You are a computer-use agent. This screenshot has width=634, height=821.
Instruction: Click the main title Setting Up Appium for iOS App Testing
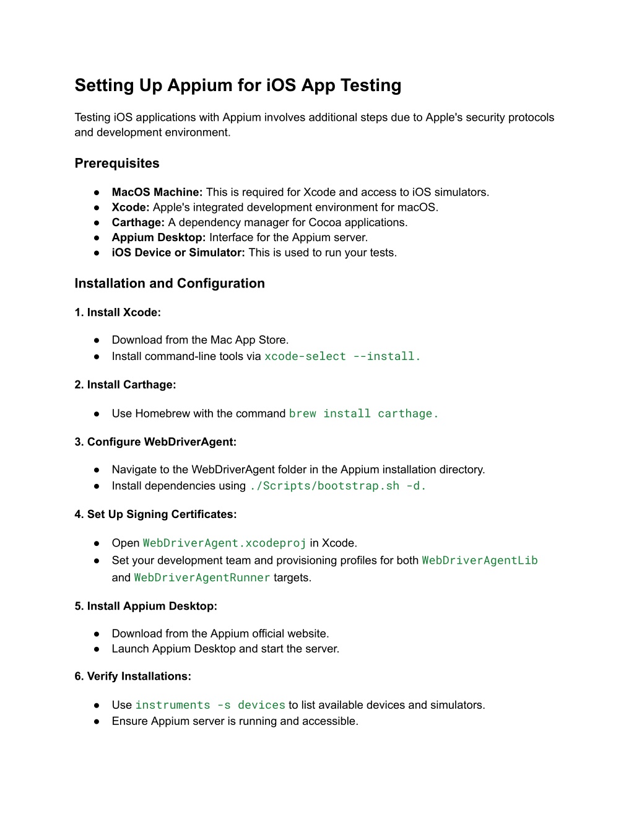point(238,86)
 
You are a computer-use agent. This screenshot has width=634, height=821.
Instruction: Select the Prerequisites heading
point(117,164)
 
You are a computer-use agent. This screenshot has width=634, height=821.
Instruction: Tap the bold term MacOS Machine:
point(157,193)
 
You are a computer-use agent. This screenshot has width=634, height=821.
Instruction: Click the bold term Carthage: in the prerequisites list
point(138,222)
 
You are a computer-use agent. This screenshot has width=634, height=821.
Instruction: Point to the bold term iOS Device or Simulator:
point(178,253)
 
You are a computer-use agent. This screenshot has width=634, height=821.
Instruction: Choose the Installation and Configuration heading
point(170,284)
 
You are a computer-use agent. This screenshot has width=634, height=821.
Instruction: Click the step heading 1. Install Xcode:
point(118,313)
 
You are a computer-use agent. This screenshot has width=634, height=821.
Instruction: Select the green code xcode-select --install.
point(342,356)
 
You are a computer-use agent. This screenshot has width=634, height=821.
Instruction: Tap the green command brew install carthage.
point(363,414)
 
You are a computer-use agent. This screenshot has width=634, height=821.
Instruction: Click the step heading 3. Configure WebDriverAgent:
point(155,442)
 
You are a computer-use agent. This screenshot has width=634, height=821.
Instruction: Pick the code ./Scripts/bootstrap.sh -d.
point(337,486)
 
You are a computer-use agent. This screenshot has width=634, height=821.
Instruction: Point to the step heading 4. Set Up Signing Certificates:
point(155,514)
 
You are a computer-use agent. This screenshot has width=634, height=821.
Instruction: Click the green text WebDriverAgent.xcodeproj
point(225,543)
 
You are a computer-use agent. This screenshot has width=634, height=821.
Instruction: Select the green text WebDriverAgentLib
point(480,561)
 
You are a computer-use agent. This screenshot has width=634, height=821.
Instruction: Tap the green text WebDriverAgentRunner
point(202,578)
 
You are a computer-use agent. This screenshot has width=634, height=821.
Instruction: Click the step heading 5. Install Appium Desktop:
point(146,607)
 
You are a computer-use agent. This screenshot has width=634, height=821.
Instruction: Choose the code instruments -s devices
point(211,705)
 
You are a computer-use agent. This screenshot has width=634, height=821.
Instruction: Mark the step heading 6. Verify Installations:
point(132,677)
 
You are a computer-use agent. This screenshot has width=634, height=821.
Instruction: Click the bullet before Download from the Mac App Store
point(97,340)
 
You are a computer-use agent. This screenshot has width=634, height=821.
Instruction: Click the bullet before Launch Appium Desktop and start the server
point(97,649)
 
